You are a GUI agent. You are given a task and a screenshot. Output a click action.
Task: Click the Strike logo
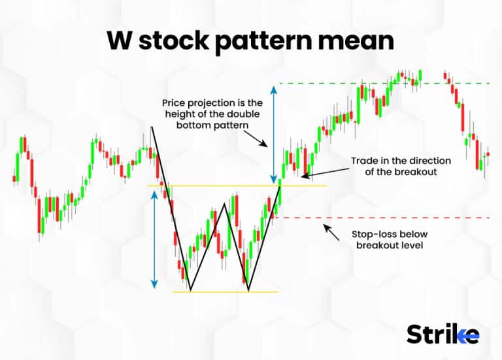click(443, 335)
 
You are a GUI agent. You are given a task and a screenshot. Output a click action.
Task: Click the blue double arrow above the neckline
click(274, 133)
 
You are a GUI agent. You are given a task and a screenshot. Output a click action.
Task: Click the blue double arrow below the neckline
click(154, 239)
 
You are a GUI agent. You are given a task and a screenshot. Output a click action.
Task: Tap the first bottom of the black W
click(190, 289)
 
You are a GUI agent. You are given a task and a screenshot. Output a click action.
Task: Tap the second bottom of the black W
click(248, 289)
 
